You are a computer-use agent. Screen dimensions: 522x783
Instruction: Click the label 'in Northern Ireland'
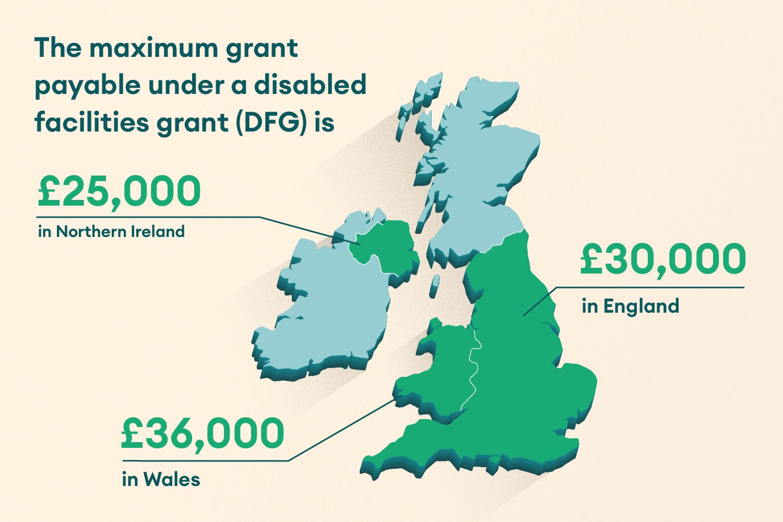coord(111,231)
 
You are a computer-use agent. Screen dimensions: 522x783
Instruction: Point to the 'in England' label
coord(631,306)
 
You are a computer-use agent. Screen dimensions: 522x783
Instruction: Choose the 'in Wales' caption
coord(161,479)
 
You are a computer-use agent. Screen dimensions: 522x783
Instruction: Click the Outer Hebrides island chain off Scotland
coord(418,104)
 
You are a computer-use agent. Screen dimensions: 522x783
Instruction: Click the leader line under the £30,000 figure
coord(650,287)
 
